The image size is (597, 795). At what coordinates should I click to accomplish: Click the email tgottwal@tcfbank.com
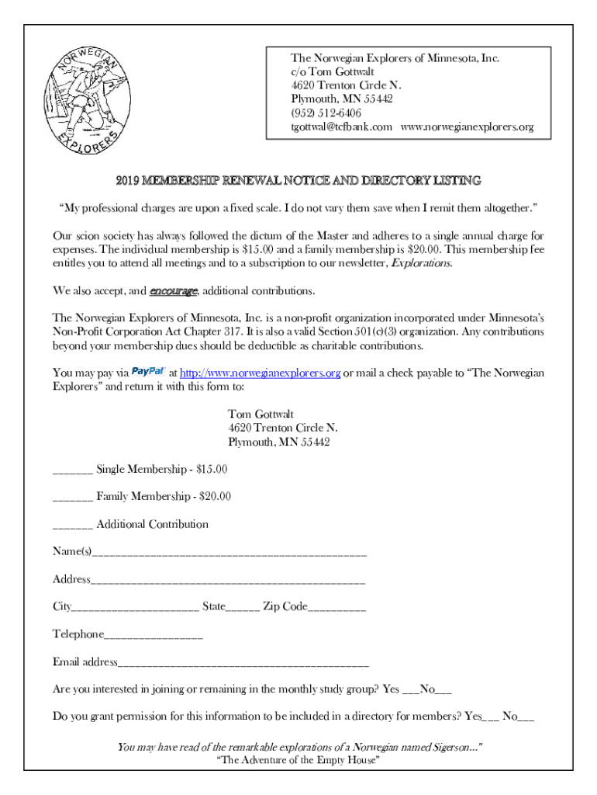(341, 127)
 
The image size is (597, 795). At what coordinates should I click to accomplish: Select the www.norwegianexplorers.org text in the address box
(467, 127)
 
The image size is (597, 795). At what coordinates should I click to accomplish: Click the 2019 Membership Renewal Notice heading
(298, 180)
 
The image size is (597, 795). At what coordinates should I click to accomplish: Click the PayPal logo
(148, 372)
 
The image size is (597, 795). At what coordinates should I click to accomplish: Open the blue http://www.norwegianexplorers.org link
(260, 373)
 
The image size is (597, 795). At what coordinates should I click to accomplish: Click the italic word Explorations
(421, 263)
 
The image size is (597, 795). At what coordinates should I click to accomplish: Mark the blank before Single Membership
(73, 471)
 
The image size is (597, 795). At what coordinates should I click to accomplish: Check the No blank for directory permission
(526, 718)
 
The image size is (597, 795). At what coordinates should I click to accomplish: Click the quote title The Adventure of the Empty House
(298, 760)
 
